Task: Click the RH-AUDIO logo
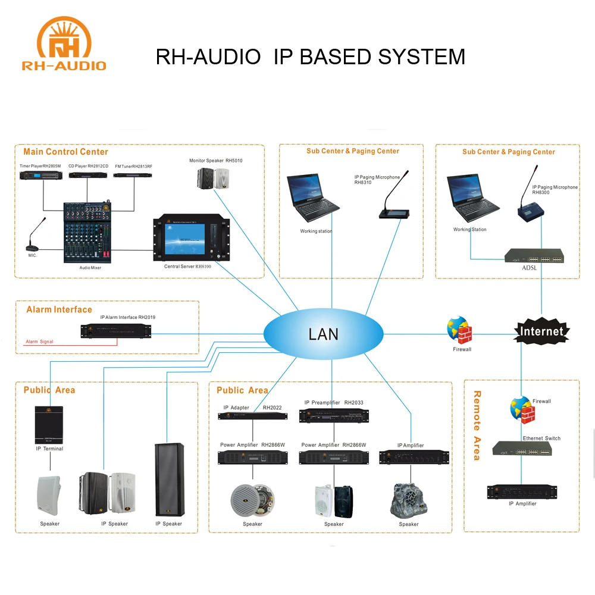pos(64,44)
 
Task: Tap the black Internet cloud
pos(541,331)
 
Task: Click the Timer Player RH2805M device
pos(40,176)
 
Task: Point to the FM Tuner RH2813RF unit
pos(133,176)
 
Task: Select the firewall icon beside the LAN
pos(459,329)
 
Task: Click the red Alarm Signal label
pos(39,342)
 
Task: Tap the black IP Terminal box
pos(49,424)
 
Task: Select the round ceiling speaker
pos(252,498)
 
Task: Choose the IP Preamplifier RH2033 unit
pos(334,415)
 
